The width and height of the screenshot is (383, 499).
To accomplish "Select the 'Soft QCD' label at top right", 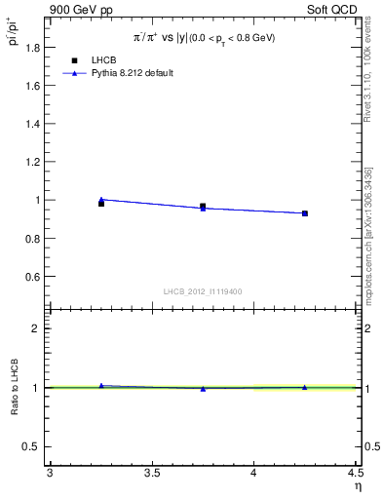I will tap(335, 9).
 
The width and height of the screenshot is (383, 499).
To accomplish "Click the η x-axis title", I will tap(357, 486).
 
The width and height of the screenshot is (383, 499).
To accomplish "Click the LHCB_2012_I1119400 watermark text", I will tap(204, 291).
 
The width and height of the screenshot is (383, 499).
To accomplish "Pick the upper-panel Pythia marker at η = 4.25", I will tap(305, 213).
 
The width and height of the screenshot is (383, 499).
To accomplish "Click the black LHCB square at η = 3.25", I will tap(101, 203).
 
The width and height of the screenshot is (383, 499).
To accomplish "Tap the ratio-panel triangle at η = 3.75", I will tap(203, 389).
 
